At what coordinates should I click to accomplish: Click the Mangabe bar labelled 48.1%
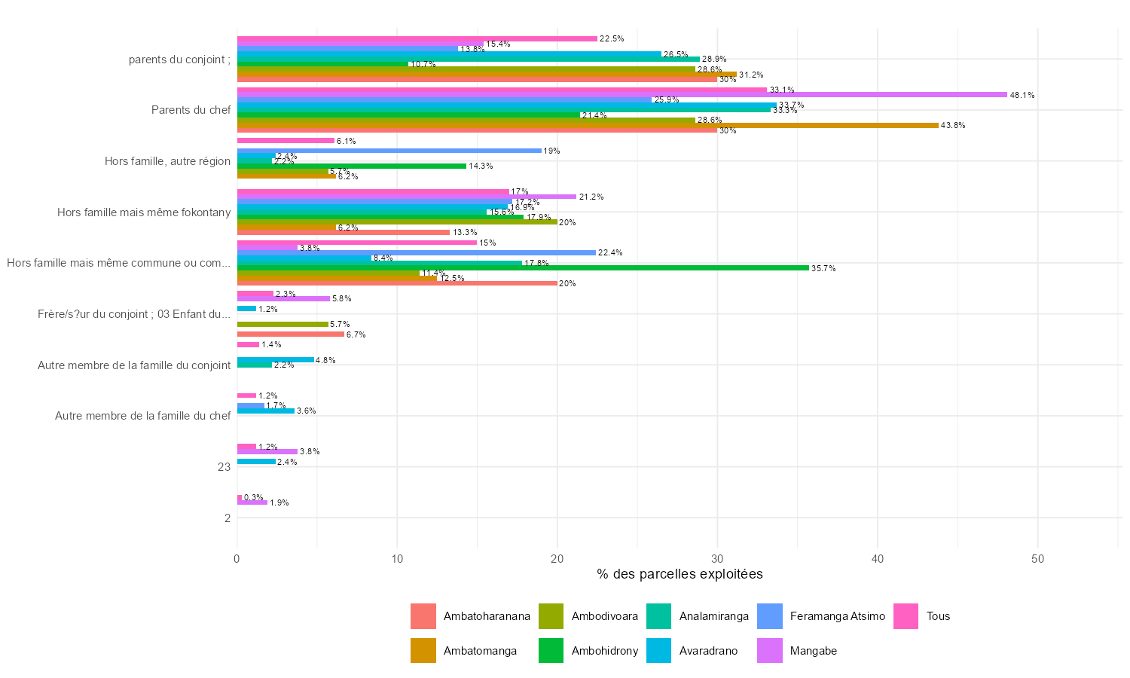point(621,95)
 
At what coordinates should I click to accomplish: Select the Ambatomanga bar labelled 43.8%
point(588,125)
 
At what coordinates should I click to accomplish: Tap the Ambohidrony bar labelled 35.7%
point(523,268)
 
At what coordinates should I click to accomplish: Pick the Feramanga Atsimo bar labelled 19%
point(389,151)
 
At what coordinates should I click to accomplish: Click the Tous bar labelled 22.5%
point(417,38)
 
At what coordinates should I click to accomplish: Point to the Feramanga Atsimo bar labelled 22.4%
point(417,253)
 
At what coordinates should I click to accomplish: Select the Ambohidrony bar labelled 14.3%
point(352,166)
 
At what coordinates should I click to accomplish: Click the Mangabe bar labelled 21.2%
point(407,197)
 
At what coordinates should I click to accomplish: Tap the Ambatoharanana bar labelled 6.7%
point(291,334)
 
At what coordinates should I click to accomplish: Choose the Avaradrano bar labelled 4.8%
point(276,360)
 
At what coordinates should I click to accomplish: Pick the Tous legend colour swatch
point(906,616)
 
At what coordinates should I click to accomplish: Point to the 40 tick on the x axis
point(878,559)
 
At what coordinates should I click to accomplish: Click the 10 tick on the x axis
point(397,559)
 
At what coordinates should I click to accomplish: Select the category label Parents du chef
point(191,110)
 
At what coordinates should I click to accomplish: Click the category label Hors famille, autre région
point(167,161)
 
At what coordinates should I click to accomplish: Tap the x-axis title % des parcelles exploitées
point(680,574)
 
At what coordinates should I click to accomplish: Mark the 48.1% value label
point(1022,96)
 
